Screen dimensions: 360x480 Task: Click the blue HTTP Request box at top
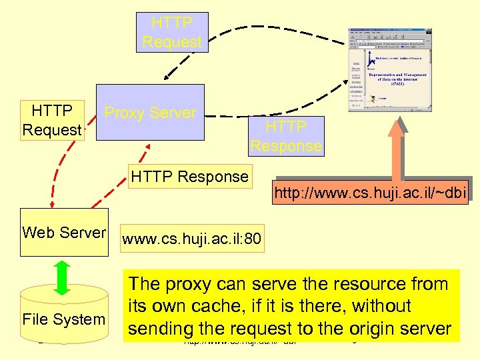tap(171, 32)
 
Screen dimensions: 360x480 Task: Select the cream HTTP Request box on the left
tap(51, 120)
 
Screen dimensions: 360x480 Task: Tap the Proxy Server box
tap(150, 112)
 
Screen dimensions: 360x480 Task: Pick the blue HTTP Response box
tap(285, 136)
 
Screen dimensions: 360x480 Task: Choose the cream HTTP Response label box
tap(189, 177)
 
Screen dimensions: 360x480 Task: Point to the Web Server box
tap(63, 233)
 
